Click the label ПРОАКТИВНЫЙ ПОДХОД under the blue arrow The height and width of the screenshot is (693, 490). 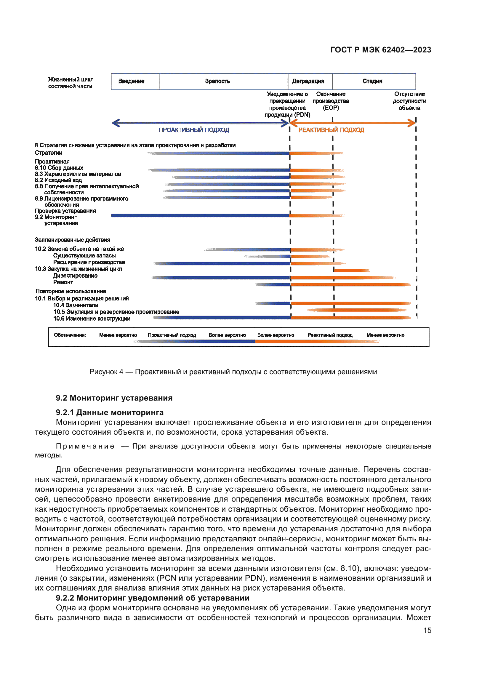(194, 130)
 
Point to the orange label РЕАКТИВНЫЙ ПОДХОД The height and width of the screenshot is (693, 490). (331, 130)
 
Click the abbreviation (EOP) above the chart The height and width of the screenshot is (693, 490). (331, 108)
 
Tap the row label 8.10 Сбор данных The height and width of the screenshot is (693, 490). (59, 168)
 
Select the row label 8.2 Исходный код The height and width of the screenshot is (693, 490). (58, 180)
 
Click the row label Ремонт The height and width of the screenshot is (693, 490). (63, 282)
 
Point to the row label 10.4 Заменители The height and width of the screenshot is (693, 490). (76, 305)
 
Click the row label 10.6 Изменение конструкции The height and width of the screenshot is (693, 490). (92, 319)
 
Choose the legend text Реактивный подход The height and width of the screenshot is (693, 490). (330, 335)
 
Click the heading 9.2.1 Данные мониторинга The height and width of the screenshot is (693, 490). (110, 412)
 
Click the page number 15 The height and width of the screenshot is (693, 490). (427, 630)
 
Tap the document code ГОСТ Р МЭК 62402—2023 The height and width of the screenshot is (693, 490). (380, 50)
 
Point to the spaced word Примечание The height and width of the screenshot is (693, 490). (85, 446)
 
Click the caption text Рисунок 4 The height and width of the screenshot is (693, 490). (106, 372)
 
